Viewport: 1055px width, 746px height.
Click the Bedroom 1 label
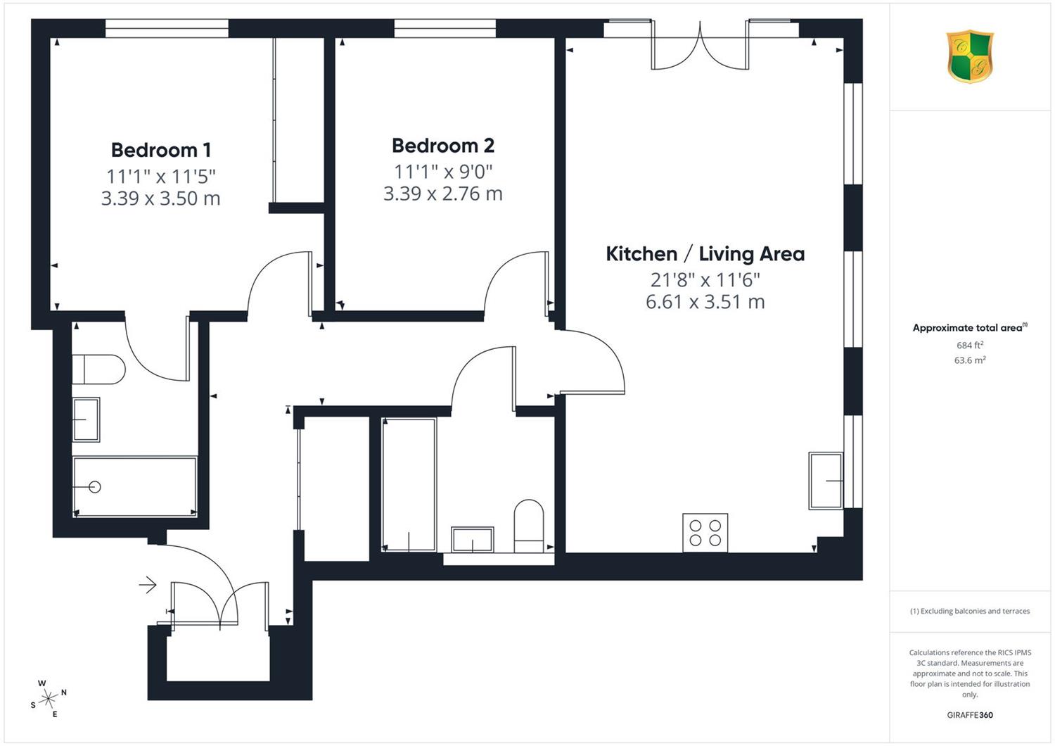[160, 151]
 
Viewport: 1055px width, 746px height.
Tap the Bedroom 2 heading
[442, 146]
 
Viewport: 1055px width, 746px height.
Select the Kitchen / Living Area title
[705, 254]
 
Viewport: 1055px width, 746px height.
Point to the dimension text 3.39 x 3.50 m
[160, 198]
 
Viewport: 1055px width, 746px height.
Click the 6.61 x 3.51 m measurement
[705, 302]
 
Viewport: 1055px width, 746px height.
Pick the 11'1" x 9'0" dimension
[442, 172]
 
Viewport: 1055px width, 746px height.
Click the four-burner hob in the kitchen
[705, 533]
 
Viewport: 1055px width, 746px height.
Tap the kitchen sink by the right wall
[826, 481]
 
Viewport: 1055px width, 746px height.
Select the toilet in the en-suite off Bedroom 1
[98, 369]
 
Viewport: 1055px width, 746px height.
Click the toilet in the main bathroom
[528, 526]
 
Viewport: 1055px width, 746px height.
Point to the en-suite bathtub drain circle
[95, 487]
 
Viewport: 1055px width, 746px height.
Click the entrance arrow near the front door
[148, 585]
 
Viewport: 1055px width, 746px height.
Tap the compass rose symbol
[48, 698]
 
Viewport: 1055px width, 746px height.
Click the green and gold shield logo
[970, 56]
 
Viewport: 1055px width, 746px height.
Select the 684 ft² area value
[970, 345]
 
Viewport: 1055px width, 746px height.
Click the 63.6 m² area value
[970, 360]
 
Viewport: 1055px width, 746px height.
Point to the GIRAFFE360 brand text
[970, 715]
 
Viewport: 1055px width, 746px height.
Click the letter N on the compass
[63, 693]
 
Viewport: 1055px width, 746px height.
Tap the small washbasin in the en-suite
[86, 419]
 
